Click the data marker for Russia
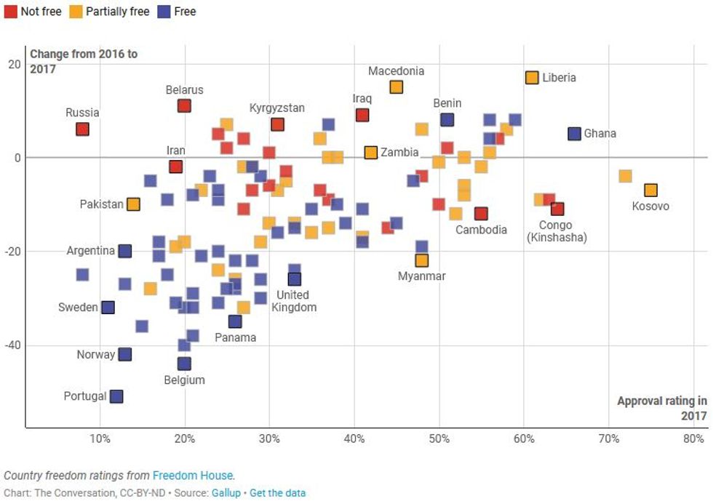click(82, 129)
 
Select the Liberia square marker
click(532, 78)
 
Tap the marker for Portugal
click(116, 396)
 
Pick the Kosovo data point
click(650, 190)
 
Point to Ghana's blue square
click(574, 134)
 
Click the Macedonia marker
click(396, 87)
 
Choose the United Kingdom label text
click(294, 301)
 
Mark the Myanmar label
click(422, 276)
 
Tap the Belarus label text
click(184, 90)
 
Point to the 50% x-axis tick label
click(439, 439)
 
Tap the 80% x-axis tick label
click(693, 439)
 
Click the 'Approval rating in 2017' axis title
click(662, 408)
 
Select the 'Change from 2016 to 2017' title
click(83, 61)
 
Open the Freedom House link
click(193, 476)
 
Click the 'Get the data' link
click(277, 493)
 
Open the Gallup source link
click(226, 493)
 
